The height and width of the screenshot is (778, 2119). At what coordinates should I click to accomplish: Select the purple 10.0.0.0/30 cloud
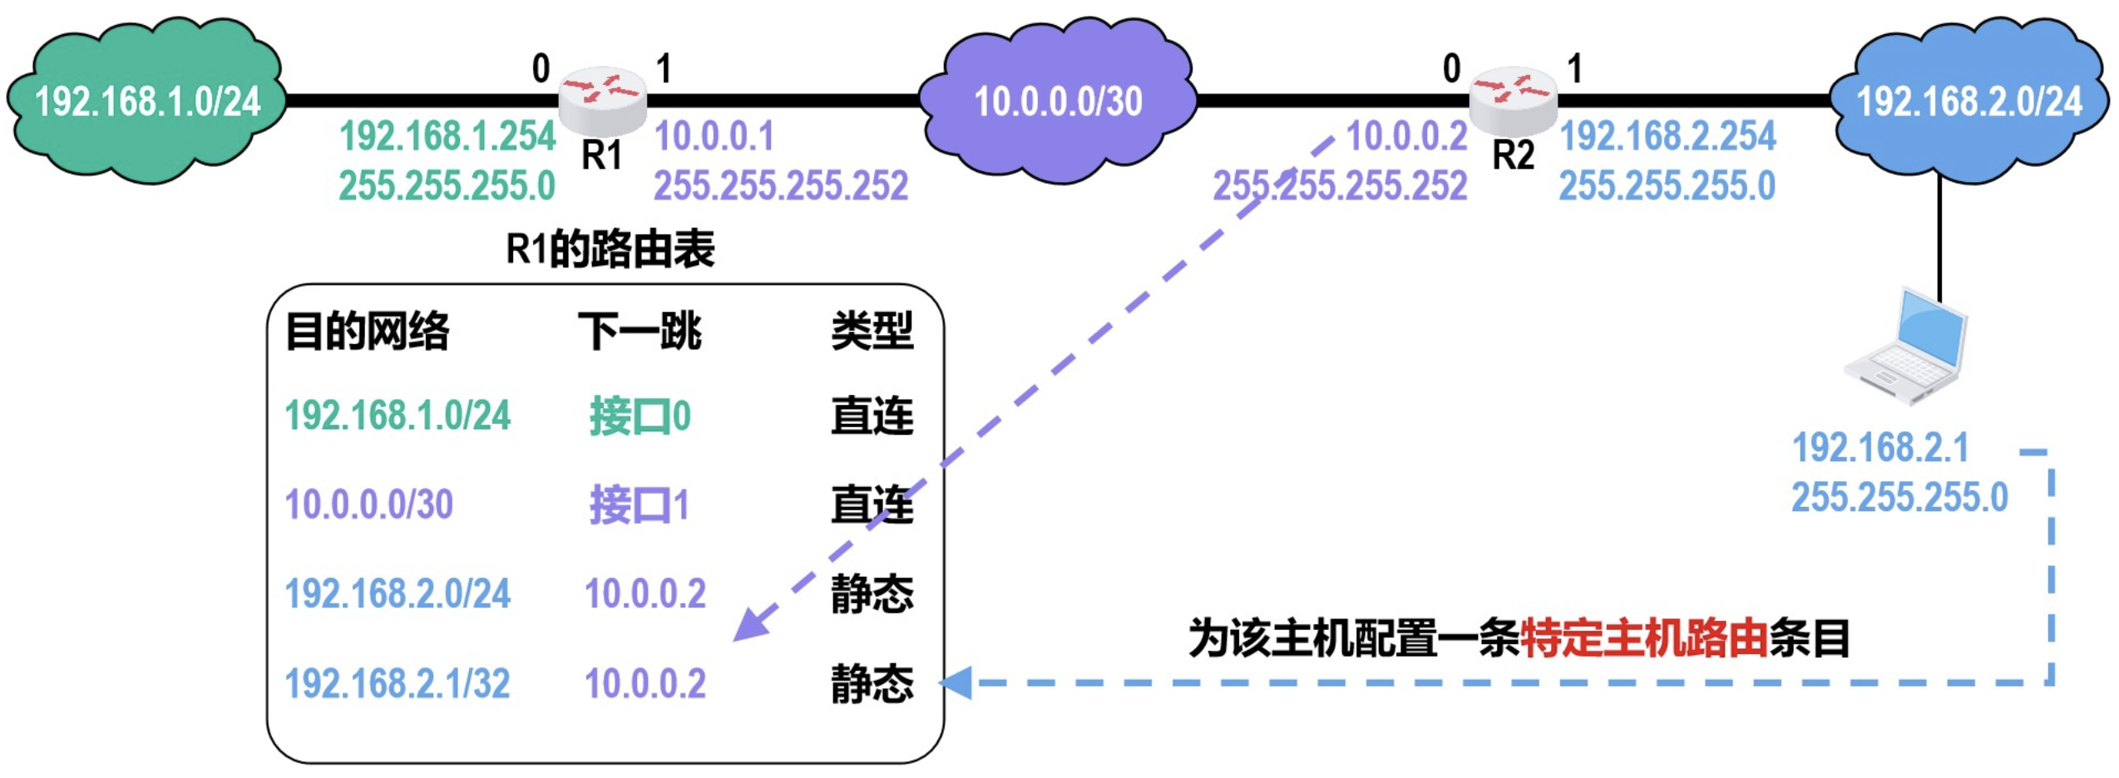click(x=1058, y=100)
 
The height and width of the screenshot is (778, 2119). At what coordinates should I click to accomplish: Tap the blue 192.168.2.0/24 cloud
click(x=1969, y=100)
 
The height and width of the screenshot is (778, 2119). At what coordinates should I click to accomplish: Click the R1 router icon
click(x=602, y=100)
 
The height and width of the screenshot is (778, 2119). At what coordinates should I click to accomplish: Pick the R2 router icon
click(x=1513, y=100)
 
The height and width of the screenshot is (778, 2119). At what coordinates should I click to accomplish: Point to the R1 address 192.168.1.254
click(x=447, y=136)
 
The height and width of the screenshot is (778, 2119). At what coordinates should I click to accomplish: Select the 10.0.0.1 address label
click(x=714, y=136)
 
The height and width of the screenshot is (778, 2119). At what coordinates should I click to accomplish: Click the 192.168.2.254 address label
click(x=1667, y=136)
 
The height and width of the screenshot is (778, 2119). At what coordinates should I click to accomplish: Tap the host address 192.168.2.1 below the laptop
click(x=1881, y=448)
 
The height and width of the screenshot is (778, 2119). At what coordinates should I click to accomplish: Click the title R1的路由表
click(x=610, y=249)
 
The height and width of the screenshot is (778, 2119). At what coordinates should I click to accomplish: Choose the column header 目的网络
click(x=367, y=331)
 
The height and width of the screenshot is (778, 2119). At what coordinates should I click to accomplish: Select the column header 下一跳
click(x=640, y=331)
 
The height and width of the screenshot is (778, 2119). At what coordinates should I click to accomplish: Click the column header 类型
click(x=872, y=331)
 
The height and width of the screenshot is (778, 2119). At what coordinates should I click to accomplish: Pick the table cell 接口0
click(x=640, y=416)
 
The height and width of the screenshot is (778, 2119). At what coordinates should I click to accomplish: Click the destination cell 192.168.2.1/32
click(x=398, y=683)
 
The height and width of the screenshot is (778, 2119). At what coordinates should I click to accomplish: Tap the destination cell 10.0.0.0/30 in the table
click(x=369, y=505)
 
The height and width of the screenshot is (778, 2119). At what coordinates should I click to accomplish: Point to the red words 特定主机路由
click(x=1643, y=638)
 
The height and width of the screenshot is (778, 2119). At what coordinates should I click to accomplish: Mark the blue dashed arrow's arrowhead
click(x=956, y=683)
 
